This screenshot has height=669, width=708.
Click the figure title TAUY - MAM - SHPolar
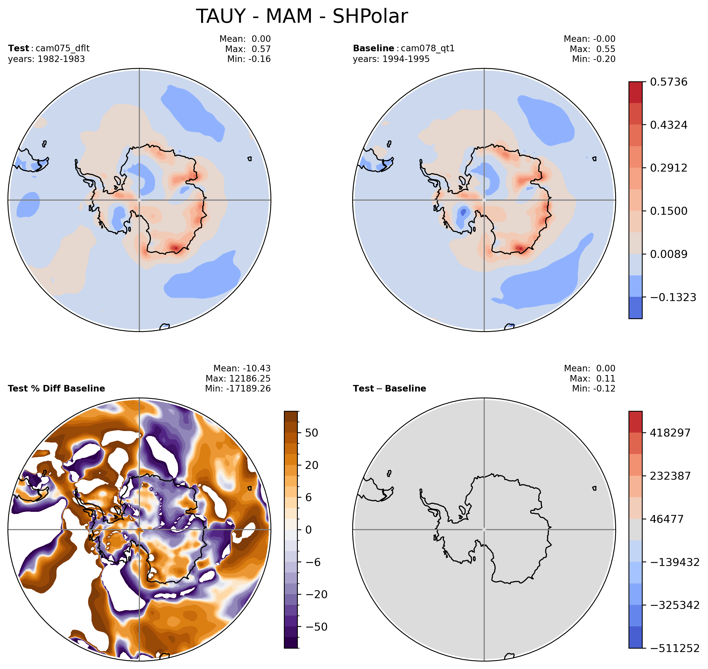[302, 16]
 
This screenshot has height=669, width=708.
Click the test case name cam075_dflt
[62, 48]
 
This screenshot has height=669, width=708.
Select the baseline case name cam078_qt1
[428, 48]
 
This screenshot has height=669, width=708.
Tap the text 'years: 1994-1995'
[391, 59]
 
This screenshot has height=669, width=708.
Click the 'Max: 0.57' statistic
[248, 49]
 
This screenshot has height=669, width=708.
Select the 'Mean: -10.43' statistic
[242, 368]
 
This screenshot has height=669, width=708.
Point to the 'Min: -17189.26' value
[238, 388]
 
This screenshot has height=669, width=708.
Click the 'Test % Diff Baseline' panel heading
[56, 388]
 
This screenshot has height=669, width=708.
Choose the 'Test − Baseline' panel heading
[389, 388]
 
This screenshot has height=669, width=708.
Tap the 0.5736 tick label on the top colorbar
[669, 82]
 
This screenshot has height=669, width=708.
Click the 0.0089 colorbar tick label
[669, 254]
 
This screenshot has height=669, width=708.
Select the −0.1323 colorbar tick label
[673, 297]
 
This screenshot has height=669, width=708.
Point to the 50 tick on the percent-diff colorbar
[312, 433]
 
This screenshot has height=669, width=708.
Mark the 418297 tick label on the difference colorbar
[670, 433]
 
